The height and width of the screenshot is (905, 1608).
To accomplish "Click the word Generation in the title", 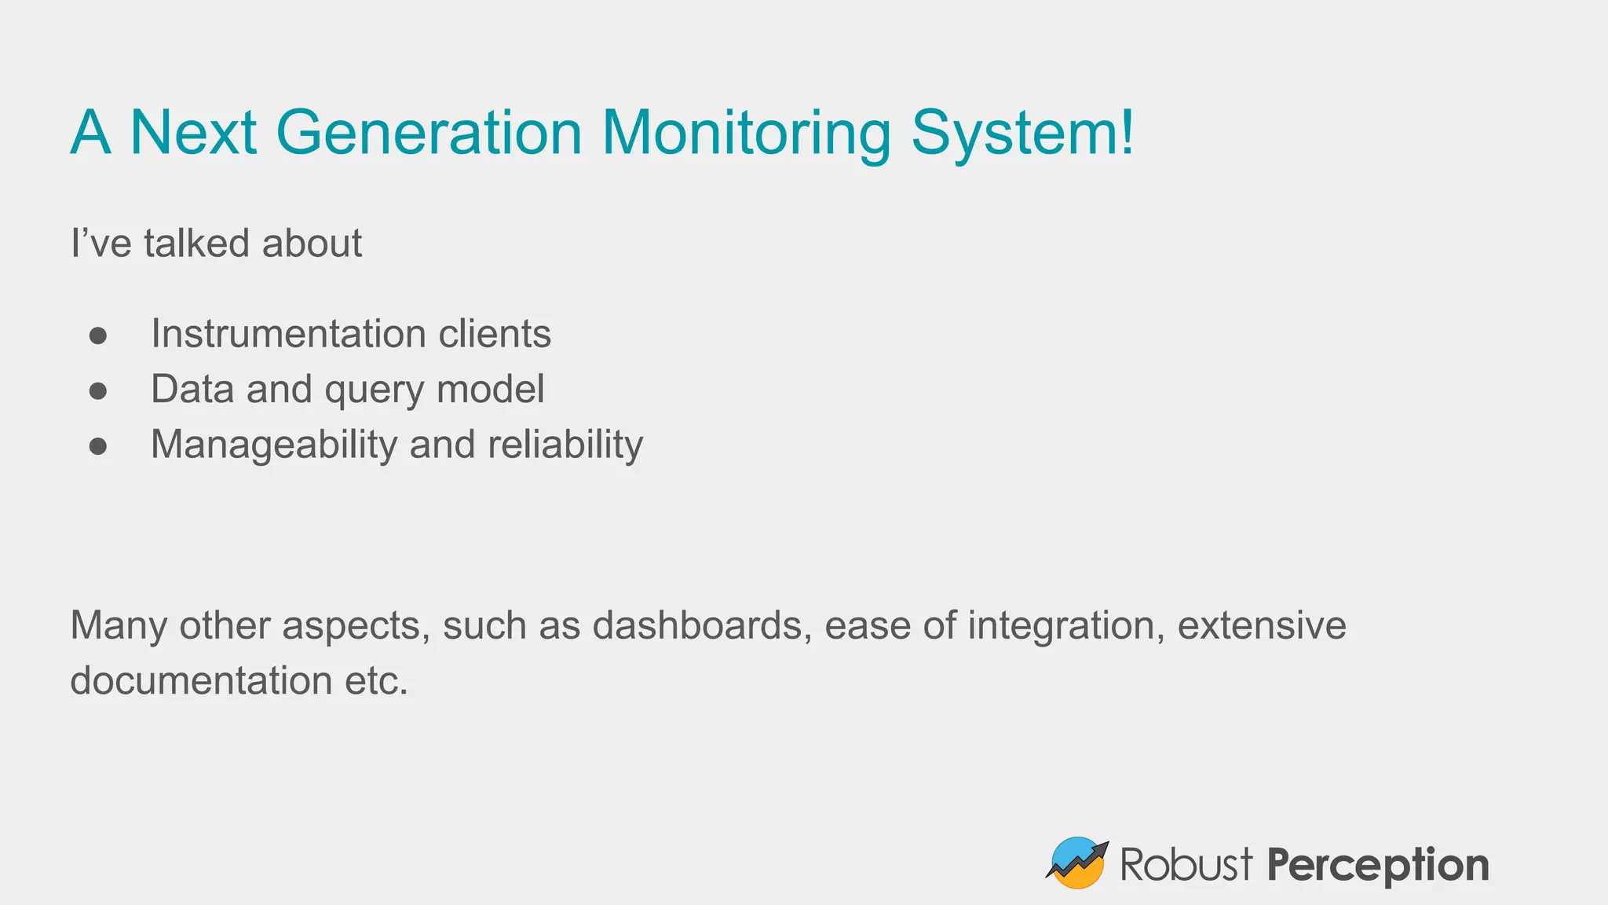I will coord(429,133).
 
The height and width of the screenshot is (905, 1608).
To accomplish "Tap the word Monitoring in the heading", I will coord(747,133).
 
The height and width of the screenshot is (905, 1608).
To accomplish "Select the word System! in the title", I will coord(1022,133).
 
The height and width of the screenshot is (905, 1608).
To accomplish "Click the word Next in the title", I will coord(193,133).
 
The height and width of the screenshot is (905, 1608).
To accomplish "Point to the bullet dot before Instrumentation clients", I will coord(98,335).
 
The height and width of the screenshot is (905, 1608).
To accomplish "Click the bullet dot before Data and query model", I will coord(98,390).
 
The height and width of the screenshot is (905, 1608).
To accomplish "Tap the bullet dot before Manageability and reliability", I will coord(98,446).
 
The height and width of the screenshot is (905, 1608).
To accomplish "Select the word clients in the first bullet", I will coord(495,334).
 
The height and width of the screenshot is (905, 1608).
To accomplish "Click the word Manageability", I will coord(274,445).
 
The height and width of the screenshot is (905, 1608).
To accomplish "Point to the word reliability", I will coord(565,445).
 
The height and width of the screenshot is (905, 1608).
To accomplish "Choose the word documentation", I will coord(201,680).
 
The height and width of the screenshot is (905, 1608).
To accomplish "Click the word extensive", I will coord(1262,626).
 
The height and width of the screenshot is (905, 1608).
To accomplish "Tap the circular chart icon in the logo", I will coord(1077,863).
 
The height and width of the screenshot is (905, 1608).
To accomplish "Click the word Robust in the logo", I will coord(1186,865).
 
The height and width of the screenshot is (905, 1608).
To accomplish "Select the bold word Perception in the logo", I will coord(1378,865).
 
